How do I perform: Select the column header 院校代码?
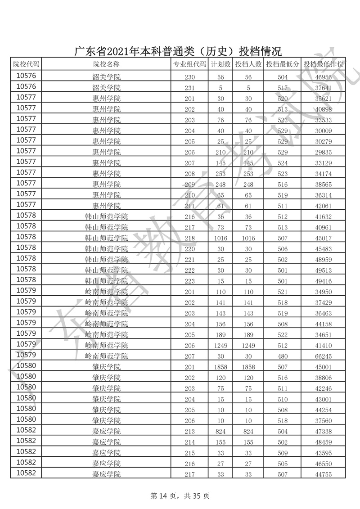26,64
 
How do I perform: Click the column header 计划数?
220,64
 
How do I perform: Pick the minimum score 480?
282,356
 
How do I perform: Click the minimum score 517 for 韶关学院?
282,87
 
